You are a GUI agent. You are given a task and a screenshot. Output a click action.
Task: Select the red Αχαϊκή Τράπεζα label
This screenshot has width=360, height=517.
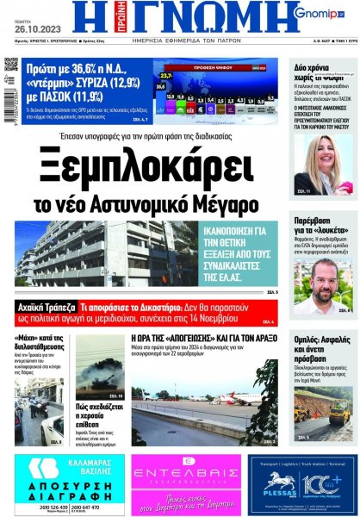pyautogui.click(x=45, y=305)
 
